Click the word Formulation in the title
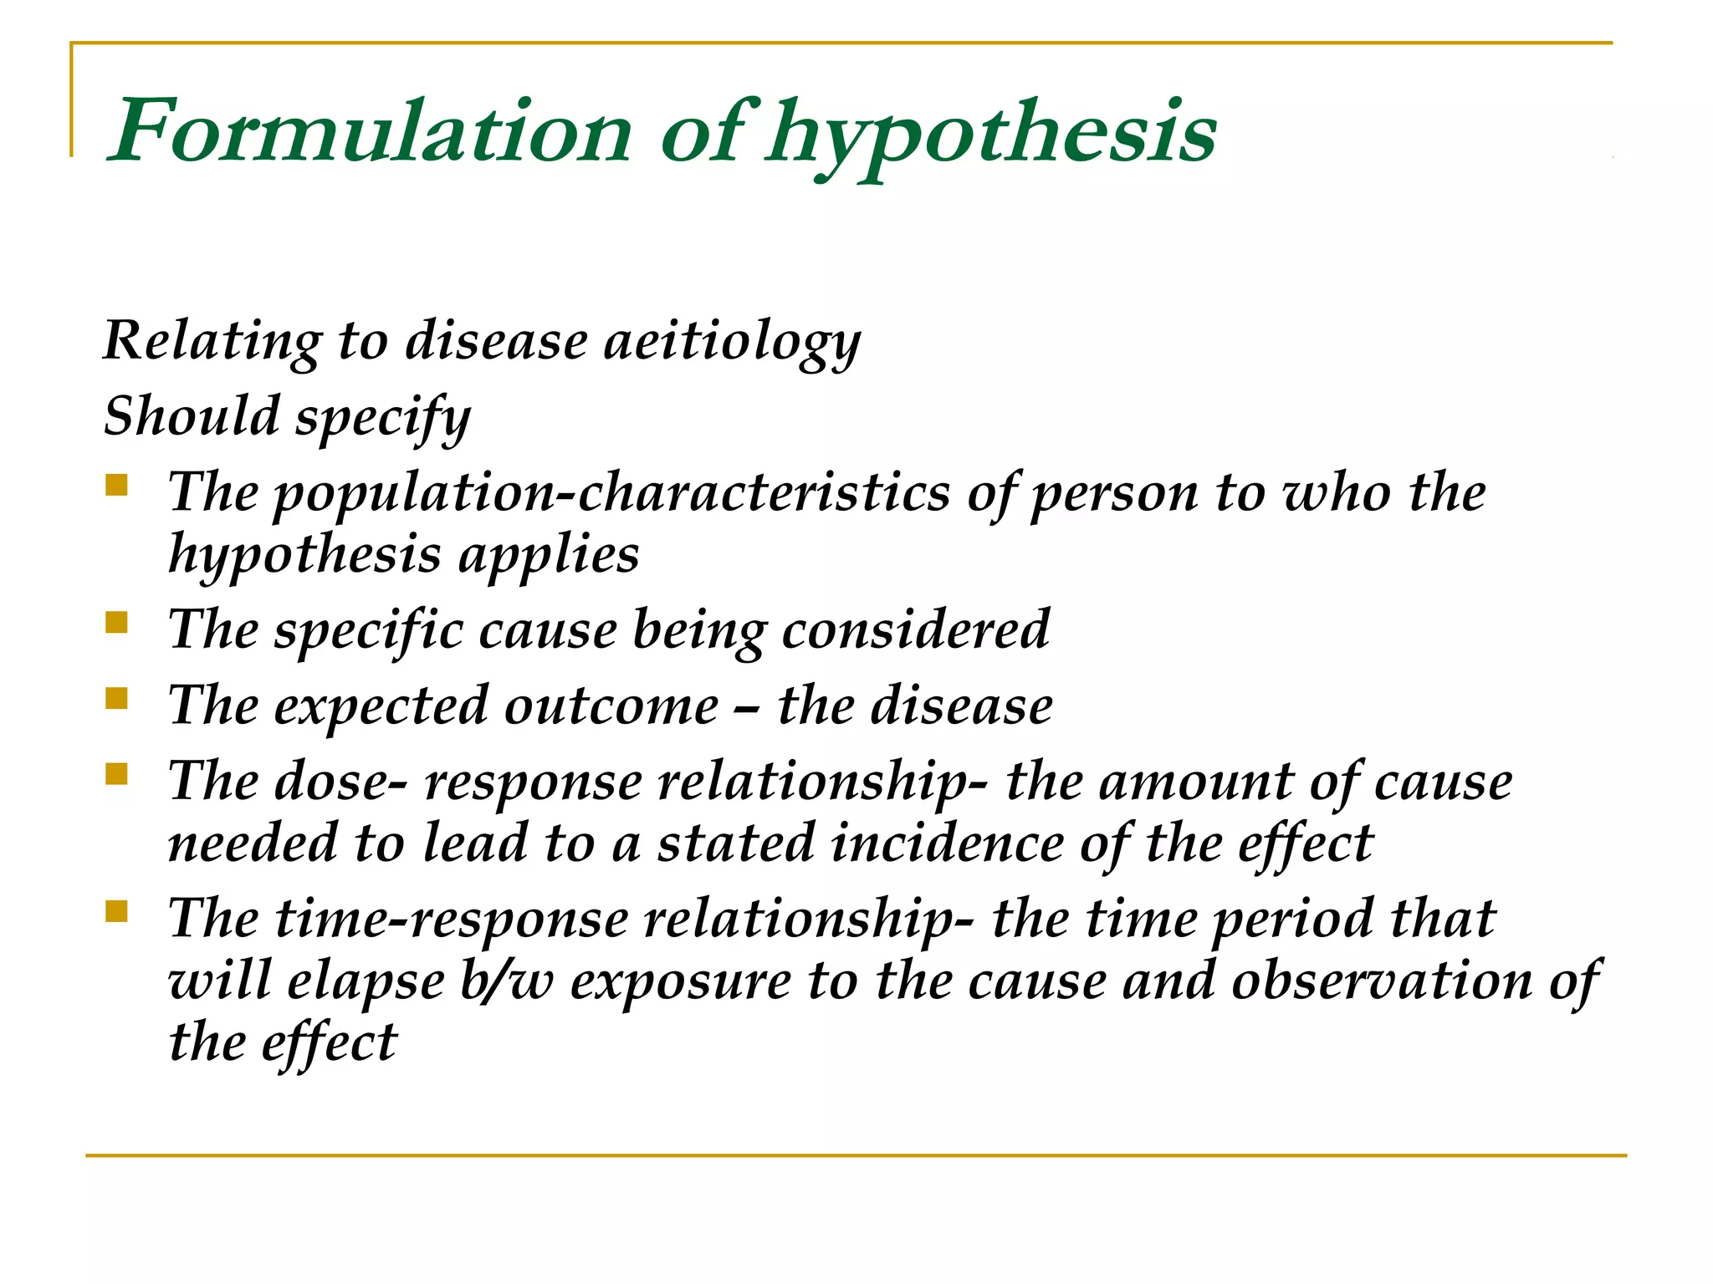pyautogui.click(x=371, y=132)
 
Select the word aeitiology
pyautogui.click(x=732, y=342)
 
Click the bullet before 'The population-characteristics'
pyautogui.click(x=117, y=486)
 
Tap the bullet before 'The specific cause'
pyautogui.click(x=117, y=623)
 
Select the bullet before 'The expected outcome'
pyautogui.click(x=117, y=698)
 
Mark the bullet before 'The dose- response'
pyautogui.click(x=117, y=774)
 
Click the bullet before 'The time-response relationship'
pyautogui.click(x=117, y=911)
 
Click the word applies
pyautogui.click(x=549, y=555)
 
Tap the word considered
pyautogui.click(x=915, y=629)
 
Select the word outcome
pyautogui.click(x=611, y=706)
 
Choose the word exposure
pyautogui.click(x=681, y=981)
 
